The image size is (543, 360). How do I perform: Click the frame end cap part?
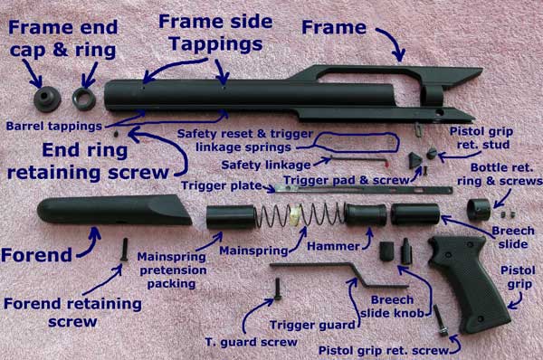tap(47, 99)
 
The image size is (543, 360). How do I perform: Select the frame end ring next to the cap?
tap(84, 99)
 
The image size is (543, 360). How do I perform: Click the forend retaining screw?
tap(124, 250)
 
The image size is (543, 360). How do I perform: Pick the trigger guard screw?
tap(278, 289)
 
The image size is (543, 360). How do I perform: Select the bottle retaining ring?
tap(479, 210)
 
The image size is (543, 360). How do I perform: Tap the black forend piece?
tap(114, 210)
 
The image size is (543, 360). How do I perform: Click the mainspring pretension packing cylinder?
tap(231, 217)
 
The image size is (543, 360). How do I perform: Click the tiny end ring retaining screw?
tap(117, 134)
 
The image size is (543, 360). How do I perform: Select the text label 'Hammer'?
tap(333, 246)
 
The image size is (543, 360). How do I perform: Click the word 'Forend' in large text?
tap(37, 255)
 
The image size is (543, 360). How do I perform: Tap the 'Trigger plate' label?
tap(222, 185)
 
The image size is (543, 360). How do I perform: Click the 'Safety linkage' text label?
tap(266, 166)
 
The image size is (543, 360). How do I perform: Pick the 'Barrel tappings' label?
tap(54, 126)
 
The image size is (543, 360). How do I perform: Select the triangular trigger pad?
tap(414, 161)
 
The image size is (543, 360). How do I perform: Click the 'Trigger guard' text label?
tap(312, 325)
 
